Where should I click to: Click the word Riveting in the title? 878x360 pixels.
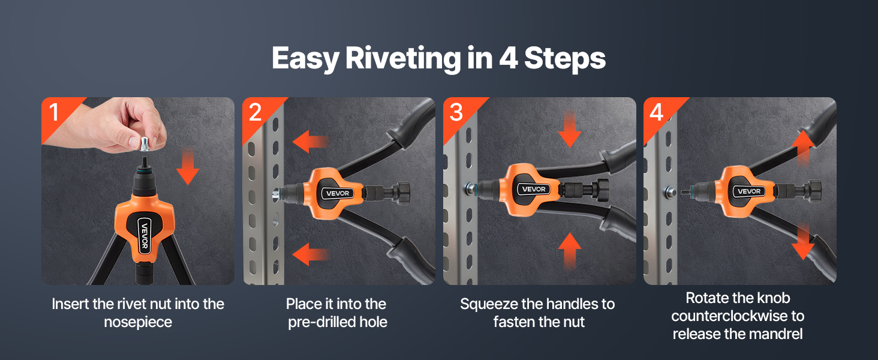coord(403,59)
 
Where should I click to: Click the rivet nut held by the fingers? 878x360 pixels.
coord(145,143)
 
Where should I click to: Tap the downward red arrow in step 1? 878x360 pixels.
coord(188,167)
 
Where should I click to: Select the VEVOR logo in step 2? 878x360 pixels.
coord(338,193)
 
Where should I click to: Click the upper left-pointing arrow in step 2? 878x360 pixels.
coord(311,142)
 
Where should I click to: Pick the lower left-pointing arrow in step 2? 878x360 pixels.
coord(311,254)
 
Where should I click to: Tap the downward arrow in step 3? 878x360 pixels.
coord(570,130)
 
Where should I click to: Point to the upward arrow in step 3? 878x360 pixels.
coord(570,251)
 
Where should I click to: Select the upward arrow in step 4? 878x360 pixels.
coord(803,148)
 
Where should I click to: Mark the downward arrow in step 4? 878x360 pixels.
coord(803,242)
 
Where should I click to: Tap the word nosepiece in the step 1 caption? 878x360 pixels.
coord(138,322)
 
